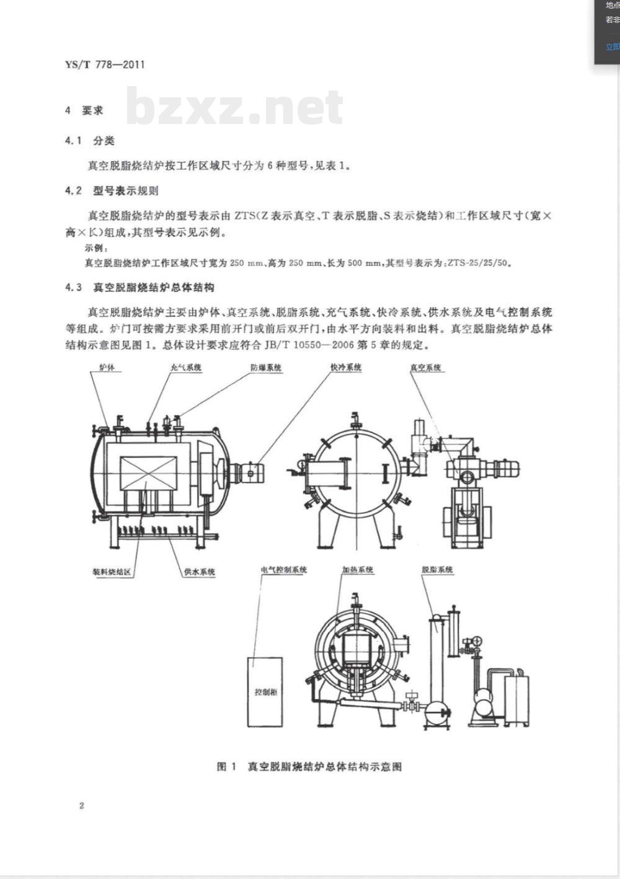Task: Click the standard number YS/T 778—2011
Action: [104, 64]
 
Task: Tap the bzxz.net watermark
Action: [234, 107]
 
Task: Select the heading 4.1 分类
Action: [90, 141]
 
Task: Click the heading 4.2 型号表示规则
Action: [111, 191]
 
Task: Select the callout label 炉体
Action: [107, 368]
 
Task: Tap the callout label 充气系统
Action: [186, 368]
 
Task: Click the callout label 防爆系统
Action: [266, 368]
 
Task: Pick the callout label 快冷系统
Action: [345, 367]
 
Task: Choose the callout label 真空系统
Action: [425, 368]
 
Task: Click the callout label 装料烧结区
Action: [112, 572]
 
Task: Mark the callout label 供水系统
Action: [199, 572]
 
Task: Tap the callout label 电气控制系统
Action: [284, 569]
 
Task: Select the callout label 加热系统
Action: [357, 569]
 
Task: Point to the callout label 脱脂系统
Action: [437, 569]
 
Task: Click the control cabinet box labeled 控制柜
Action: [265, 691]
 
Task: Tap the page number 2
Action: [81, 806]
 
